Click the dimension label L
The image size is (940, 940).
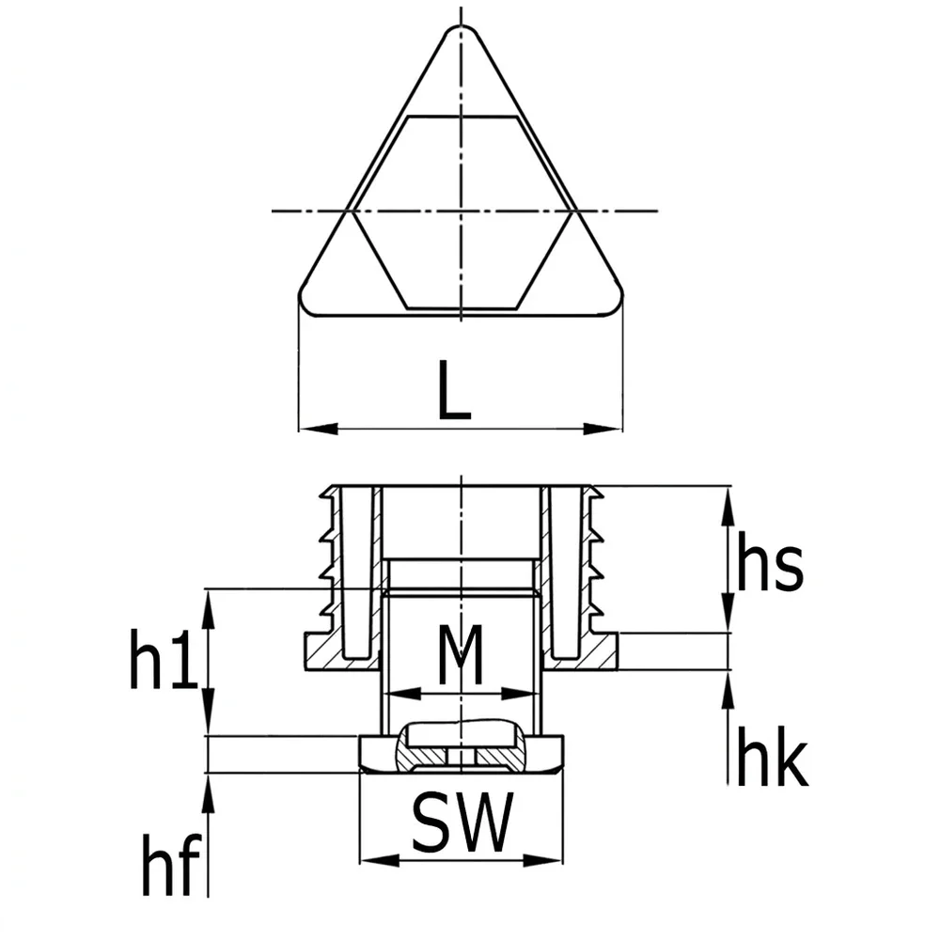pyautogui.click(x=454, y=390)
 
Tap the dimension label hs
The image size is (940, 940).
pyautogui.click(x=769, y=561)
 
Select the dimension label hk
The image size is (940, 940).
pyautogui.click(x=772, y=755)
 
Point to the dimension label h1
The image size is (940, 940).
pyautogui.click(x=163, y=657)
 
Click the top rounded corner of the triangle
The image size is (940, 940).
pyautogui.click(x=461, y=28)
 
